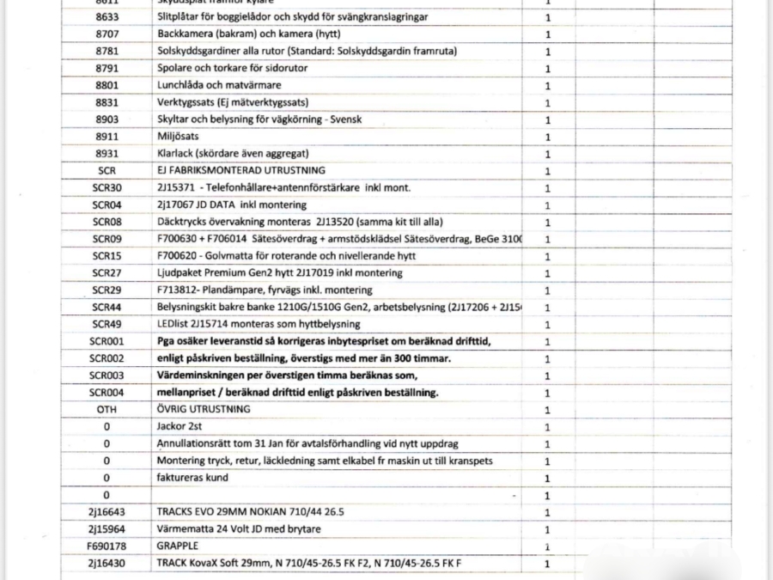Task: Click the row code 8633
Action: click(107, 17)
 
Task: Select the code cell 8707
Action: click(107, 34)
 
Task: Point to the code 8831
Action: click(107, 102)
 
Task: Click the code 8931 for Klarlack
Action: click(107, 154)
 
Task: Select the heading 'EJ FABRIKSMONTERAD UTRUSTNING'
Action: click(241, 170)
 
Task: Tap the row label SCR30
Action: click(107, 187)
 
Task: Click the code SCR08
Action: click(107, 222)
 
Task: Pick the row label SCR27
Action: click(107, 273)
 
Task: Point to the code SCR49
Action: click(107, 324)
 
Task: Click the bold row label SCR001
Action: click(107, 341)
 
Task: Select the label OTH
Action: click(107, 409)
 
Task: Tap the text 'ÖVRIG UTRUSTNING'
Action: click(204, 409)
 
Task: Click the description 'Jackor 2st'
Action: click(180, 426)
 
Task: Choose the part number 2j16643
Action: click(107, 512)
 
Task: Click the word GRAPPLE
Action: click(178, 546)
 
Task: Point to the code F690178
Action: click(107, 546)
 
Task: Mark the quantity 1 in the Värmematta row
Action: click(547, 529)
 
